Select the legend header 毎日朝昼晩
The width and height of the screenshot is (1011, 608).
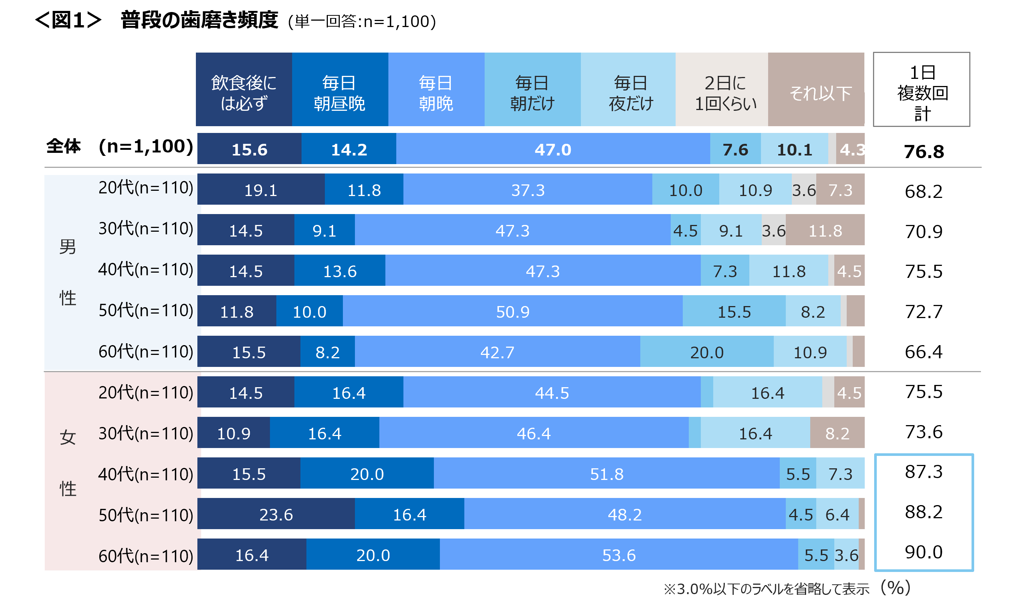click(x=339, y=89)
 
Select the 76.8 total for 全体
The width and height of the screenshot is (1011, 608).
click(x=923, y=151)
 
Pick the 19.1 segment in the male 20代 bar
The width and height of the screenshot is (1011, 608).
click(x=261, y=190)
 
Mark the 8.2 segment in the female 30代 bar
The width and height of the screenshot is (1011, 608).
click(x=837, y=433)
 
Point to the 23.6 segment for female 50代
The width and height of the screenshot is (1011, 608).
click(x=276, y=514)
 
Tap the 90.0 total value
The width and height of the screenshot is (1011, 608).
click(x=923, y=552)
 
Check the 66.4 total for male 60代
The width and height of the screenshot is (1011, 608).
click(x=923, y=352)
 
